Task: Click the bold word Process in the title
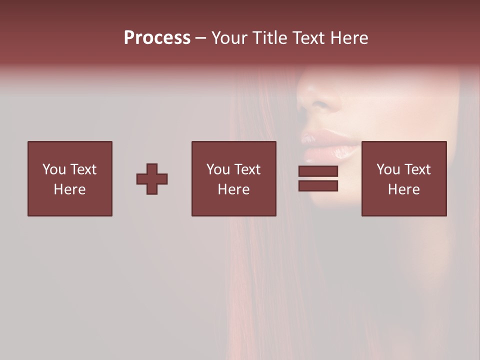[157, 38]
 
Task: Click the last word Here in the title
[349, 38]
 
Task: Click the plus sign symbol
[152, 179]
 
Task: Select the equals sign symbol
[318, 178]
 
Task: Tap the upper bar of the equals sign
[318, 171]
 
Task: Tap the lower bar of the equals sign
[318, 186]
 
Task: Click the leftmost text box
[70, 178]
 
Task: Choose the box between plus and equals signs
[234, 178]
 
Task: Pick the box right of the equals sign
[404, 178]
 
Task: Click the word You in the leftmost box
[54, 169]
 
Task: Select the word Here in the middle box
[234, 189]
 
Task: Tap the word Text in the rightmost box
[417, 169]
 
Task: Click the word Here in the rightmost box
[404, 189]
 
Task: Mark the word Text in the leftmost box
[83, 169]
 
